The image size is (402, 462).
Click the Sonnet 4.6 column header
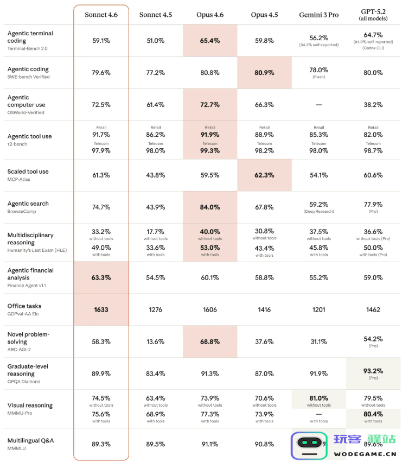click(101, 15)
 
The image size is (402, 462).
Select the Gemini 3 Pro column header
click(318, 15)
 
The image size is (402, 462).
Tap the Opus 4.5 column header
click(264, 15)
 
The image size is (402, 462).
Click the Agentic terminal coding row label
click(30, 37)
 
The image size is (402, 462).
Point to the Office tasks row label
click(24, 306)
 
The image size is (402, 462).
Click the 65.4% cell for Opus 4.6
click(210, 40)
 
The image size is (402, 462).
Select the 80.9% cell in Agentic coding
click(264, 72)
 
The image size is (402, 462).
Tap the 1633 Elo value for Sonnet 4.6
click(101, 309)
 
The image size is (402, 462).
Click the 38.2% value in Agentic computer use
click(373, 104)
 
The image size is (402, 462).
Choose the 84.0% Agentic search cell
click(210, 207)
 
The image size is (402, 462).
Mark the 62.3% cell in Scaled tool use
click(264, 175)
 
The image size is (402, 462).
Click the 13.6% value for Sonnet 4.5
click(156, 341)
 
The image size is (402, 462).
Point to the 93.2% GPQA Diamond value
click(373, 371)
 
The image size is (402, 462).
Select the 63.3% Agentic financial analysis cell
click(101, 277)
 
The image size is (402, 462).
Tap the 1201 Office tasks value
click(318, 309)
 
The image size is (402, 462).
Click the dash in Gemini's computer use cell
click(318, 104)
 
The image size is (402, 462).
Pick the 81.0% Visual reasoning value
click(318, 398)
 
